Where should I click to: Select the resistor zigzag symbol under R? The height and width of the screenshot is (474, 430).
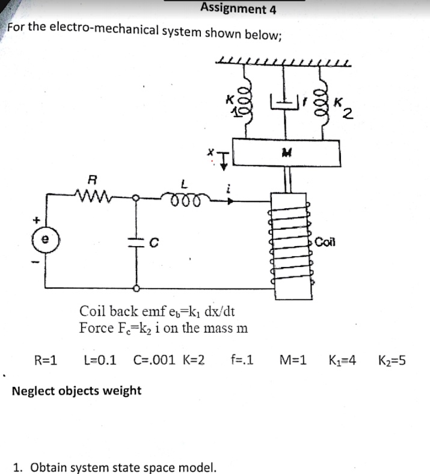point(92,195)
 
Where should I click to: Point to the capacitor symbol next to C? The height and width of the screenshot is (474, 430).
point(136,242)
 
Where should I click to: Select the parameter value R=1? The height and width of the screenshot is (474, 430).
point(46,361)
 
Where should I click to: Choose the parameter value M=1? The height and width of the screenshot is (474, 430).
point(293,361)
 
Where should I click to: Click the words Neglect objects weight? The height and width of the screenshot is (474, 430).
point(77,391)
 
